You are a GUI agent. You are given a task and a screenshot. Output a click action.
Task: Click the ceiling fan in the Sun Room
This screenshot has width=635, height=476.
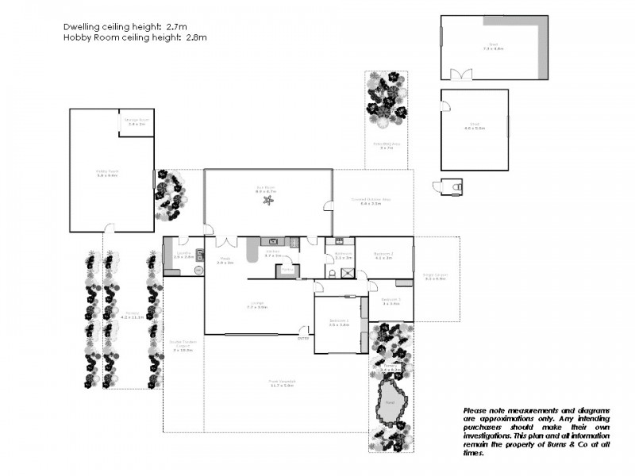tap(268, 201)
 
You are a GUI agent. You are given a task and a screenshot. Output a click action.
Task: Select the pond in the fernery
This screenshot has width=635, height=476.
tap(390, 400)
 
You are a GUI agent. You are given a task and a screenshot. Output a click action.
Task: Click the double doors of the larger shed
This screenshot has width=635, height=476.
tap(461, 75)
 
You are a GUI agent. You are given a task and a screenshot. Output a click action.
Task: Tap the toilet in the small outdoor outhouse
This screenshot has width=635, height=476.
tap(455, 186)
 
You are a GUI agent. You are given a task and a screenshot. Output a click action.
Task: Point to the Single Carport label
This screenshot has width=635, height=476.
tap(437, 275)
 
